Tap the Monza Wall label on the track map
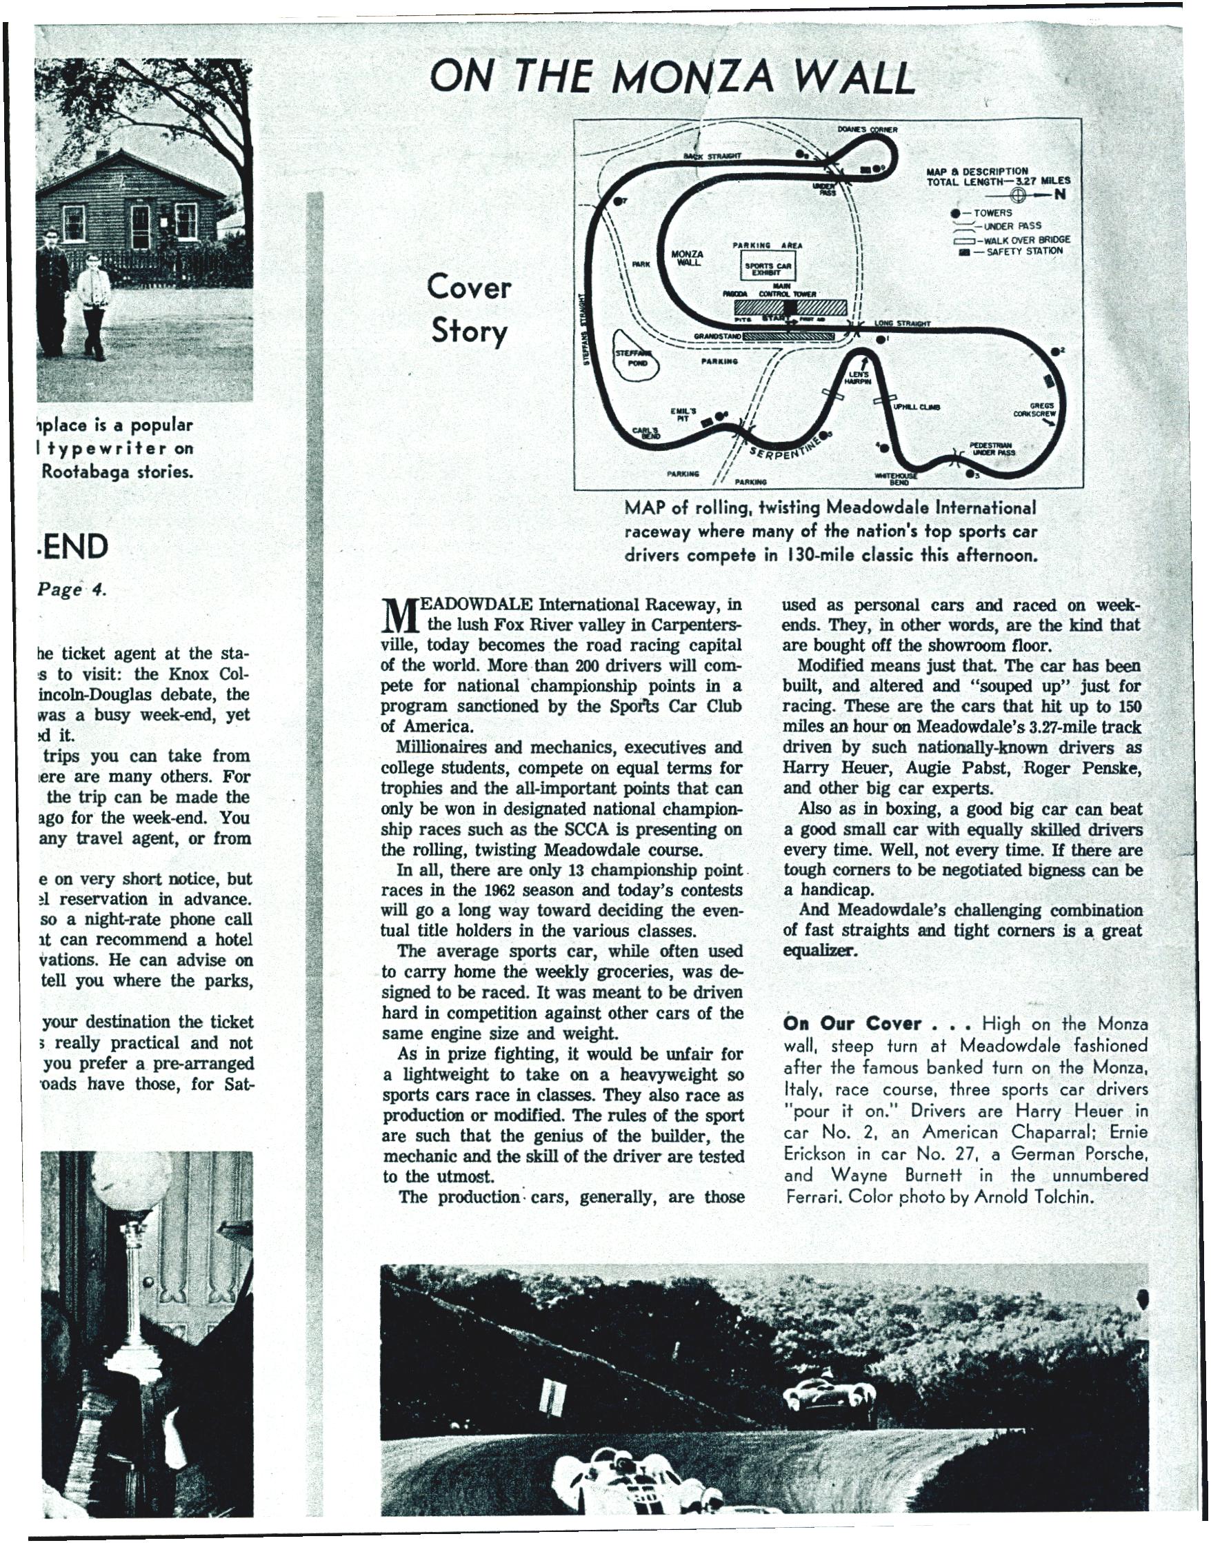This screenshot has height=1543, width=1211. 687,258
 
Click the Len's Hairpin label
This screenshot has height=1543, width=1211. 859,377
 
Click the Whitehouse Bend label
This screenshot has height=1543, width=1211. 898,479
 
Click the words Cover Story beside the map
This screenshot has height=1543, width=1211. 469,310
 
